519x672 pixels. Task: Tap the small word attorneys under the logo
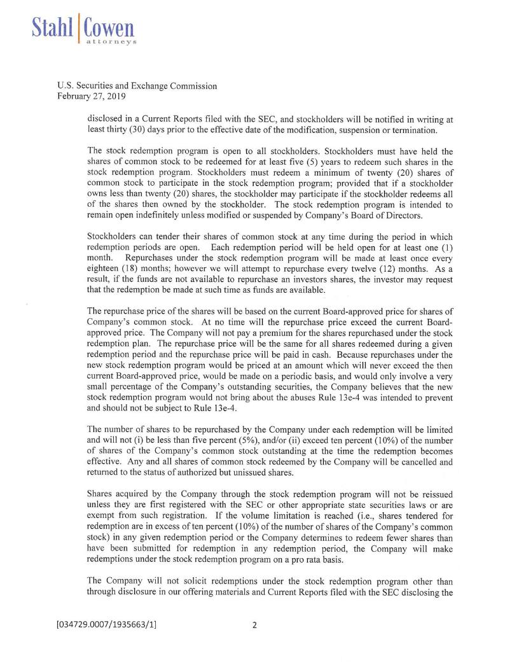pyautogui.click(x=112, y=40)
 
